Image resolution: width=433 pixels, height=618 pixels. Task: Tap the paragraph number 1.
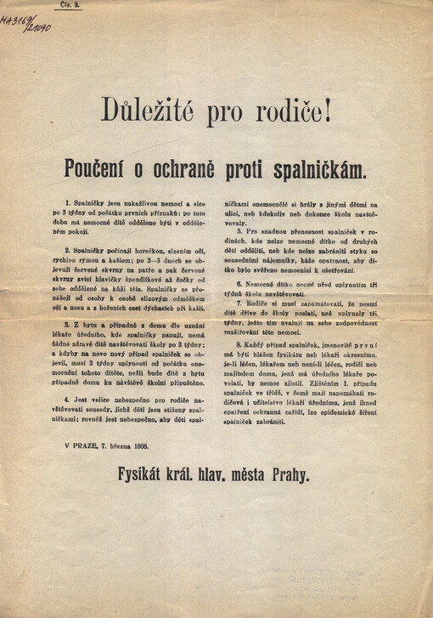(53, 207)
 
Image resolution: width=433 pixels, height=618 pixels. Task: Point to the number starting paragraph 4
(53, 397)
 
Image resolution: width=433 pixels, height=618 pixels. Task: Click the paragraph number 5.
(239, 230)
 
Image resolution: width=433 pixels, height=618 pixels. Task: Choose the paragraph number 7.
(239, 302)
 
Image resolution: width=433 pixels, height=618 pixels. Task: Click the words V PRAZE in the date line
(78, 445)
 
